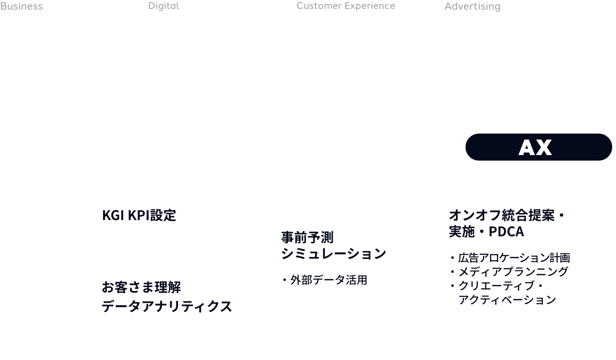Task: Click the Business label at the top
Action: tap(21, 6)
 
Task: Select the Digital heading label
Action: tap(164, 6)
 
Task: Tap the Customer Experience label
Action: tap(346, 6)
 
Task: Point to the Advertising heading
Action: tap(472, 6)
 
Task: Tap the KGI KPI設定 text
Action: tap(139, 216)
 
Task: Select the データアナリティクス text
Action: tap(167, 306)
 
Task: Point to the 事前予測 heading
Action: tap(307, 237)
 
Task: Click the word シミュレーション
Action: tap(333, 254)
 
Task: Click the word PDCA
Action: tap(506, 232)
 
